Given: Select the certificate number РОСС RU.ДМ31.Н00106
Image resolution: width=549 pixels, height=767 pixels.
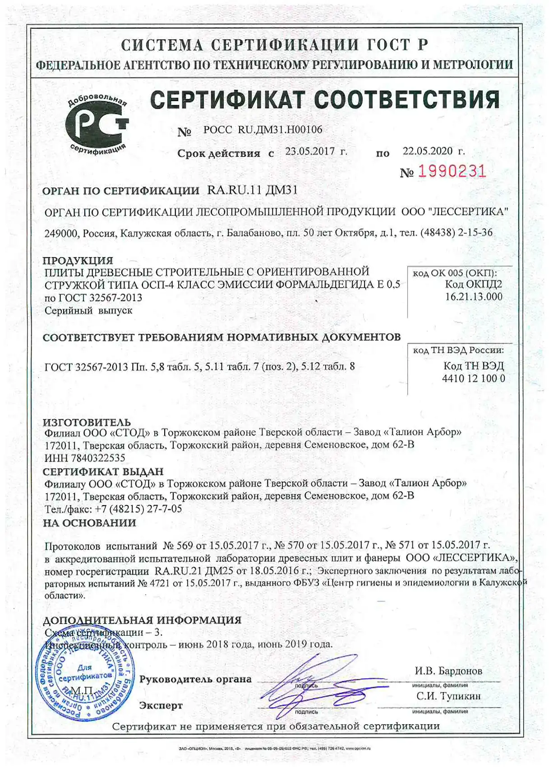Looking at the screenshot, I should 263,130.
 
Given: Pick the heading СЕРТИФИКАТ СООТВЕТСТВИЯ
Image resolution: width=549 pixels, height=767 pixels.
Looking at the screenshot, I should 325,100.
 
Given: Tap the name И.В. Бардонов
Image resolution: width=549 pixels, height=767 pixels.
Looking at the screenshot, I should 448,671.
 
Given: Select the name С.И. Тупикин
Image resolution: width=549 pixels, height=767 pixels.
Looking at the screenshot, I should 448,696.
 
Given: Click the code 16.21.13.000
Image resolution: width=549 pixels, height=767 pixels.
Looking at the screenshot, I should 473,296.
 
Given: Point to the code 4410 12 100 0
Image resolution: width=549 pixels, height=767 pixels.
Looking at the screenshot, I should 473,378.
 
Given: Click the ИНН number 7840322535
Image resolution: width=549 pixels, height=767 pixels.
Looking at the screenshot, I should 98,458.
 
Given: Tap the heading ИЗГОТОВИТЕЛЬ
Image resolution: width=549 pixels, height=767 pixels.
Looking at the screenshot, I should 87,422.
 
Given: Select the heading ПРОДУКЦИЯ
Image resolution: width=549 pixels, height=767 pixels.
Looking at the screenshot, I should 78,260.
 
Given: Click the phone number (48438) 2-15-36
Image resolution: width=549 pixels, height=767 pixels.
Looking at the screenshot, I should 456,233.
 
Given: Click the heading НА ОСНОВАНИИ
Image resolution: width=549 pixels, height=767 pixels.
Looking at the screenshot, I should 89,523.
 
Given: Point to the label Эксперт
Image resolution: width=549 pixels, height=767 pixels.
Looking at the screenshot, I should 161,706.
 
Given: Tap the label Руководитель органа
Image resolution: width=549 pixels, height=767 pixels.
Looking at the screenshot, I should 195,680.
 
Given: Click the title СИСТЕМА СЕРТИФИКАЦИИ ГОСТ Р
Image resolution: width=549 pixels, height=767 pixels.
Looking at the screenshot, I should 275,45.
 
